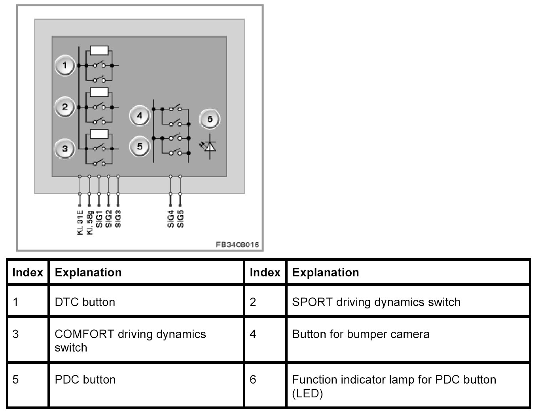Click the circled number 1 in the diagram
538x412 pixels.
pos(65,65)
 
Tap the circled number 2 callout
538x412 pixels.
pos(65,107)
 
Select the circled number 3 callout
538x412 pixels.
pos(65,148)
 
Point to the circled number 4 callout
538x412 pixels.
pos(140,115)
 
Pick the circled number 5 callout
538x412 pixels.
pos(140,146)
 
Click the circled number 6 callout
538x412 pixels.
pos(210,119)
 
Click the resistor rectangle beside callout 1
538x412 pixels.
pos(99,51)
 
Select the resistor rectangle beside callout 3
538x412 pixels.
pos(99,134)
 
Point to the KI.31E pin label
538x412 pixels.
pos(80,223)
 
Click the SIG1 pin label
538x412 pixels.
pos(99,219)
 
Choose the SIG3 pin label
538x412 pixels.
pos(118,219)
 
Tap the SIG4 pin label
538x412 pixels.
pos(170,219)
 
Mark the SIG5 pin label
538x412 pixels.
pos(180,219)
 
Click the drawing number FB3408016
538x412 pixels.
pos(237,245)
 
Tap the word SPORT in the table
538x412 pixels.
pos(312,302)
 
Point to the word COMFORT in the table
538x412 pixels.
pos(84,334)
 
